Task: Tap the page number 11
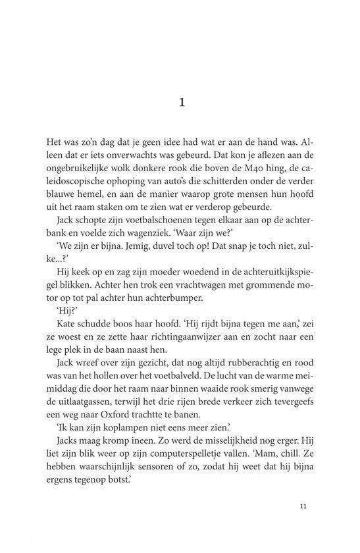click(303, 507)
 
